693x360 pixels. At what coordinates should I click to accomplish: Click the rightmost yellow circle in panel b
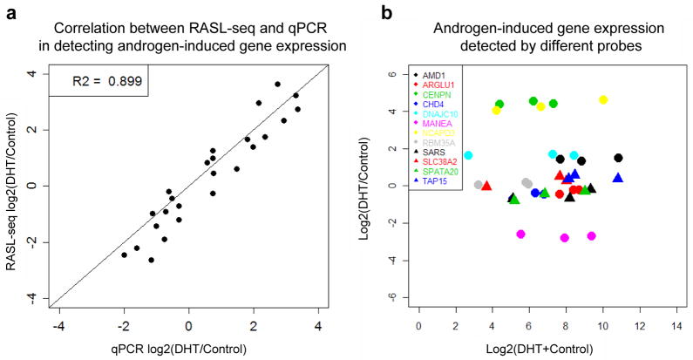[x=603, y=100]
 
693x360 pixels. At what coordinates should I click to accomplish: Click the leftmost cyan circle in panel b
[x=468, y=156]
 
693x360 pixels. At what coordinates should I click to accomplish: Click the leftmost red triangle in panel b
[x=486, y=186]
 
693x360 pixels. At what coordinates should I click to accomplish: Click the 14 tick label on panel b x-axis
[x=676, y=327]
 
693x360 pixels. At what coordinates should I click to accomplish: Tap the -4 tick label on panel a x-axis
[x=59, y=327]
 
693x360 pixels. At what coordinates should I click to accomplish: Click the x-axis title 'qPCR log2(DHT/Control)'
[x=189, y=349]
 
